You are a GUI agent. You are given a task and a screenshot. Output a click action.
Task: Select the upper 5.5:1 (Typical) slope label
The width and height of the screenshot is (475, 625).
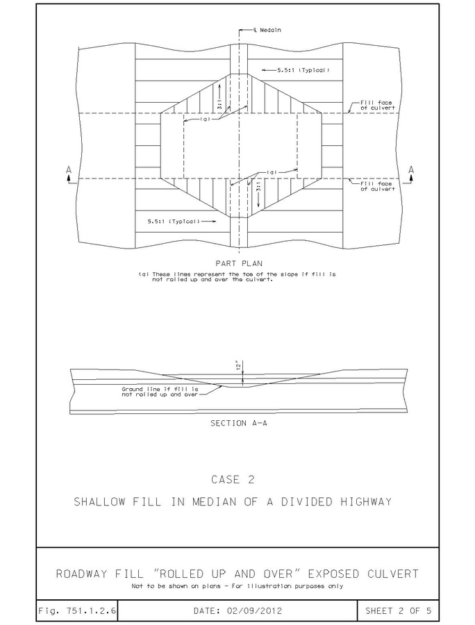303,70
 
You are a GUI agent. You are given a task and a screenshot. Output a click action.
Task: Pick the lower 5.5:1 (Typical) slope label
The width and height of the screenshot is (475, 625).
174,222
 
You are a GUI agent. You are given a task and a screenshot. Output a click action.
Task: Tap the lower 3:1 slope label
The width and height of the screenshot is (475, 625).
258,187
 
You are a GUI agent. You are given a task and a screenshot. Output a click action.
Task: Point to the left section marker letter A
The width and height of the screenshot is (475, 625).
69,170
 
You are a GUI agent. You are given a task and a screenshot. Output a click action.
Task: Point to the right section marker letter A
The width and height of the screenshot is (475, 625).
411,170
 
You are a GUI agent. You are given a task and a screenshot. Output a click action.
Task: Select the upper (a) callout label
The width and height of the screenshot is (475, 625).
206,119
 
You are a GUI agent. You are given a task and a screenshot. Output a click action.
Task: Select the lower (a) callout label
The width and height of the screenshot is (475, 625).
272,173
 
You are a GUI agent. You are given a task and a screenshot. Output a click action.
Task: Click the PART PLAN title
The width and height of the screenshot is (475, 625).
239,263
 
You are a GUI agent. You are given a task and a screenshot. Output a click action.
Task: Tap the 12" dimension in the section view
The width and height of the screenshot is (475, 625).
239,366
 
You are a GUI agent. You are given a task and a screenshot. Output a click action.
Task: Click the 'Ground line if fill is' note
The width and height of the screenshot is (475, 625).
160,389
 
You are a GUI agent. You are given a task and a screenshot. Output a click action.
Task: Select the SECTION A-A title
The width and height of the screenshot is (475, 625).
239,424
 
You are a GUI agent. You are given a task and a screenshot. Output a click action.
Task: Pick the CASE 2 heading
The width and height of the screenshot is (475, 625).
233,479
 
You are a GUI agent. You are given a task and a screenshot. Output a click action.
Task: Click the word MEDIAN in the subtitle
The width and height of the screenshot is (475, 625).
215,501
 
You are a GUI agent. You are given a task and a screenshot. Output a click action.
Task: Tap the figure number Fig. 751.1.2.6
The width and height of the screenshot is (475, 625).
77,610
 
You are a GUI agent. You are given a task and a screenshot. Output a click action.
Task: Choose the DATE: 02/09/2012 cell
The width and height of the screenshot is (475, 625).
237,610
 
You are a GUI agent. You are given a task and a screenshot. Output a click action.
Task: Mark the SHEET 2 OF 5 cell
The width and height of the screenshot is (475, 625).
398,610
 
